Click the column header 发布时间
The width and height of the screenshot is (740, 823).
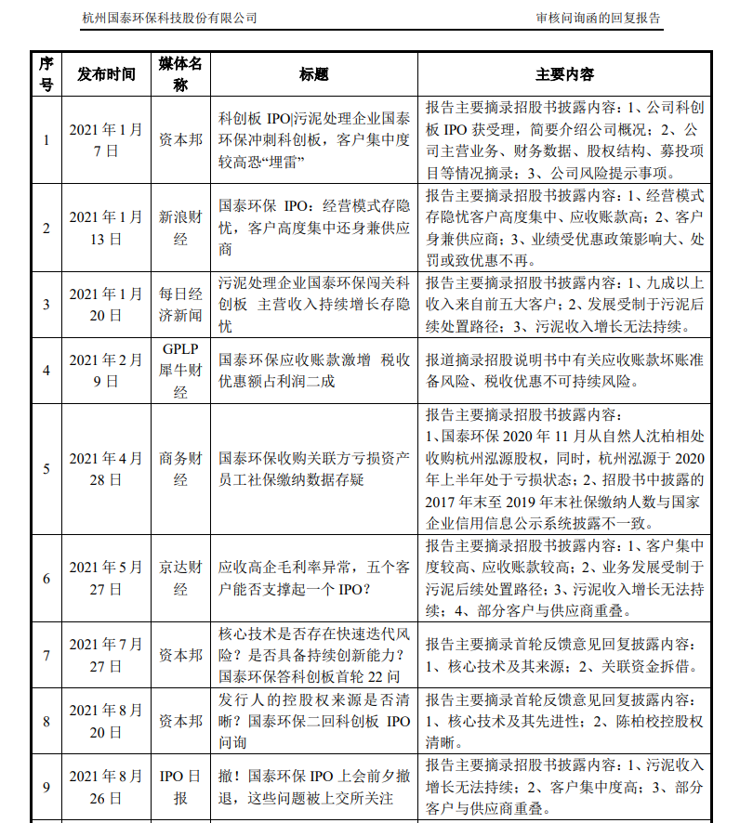tap(106, 74)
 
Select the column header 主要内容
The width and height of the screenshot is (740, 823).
tap(565, 74)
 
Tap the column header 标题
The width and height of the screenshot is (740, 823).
tap(314, 74)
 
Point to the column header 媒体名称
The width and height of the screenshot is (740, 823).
tap(180, 74)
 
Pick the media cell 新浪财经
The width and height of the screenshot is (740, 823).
tap(180, 228)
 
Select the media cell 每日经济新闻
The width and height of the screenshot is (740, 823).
tap(180, 304)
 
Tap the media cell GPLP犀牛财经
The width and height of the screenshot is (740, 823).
tap(180, 371)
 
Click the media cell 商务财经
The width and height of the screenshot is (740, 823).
tap(180, 469)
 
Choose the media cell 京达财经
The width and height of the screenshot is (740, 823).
tap(180, 578)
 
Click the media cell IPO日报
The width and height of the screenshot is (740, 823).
tap(180, 786)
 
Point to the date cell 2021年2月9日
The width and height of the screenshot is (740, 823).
tap(106, 371)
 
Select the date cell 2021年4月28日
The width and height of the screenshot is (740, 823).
tap(106, 469)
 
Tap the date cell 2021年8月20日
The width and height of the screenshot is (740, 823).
tap(106, 721)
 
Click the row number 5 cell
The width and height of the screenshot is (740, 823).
tap(46, 469)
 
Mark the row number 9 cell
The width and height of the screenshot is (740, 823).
tap(46, 786)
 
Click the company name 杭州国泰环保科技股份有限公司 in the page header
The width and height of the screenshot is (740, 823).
tap(170, 18)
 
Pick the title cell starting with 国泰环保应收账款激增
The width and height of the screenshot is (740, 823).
tap(314, 371)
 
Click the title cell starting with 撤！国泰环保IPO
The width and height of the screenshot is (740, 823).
tap(314, 786)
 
